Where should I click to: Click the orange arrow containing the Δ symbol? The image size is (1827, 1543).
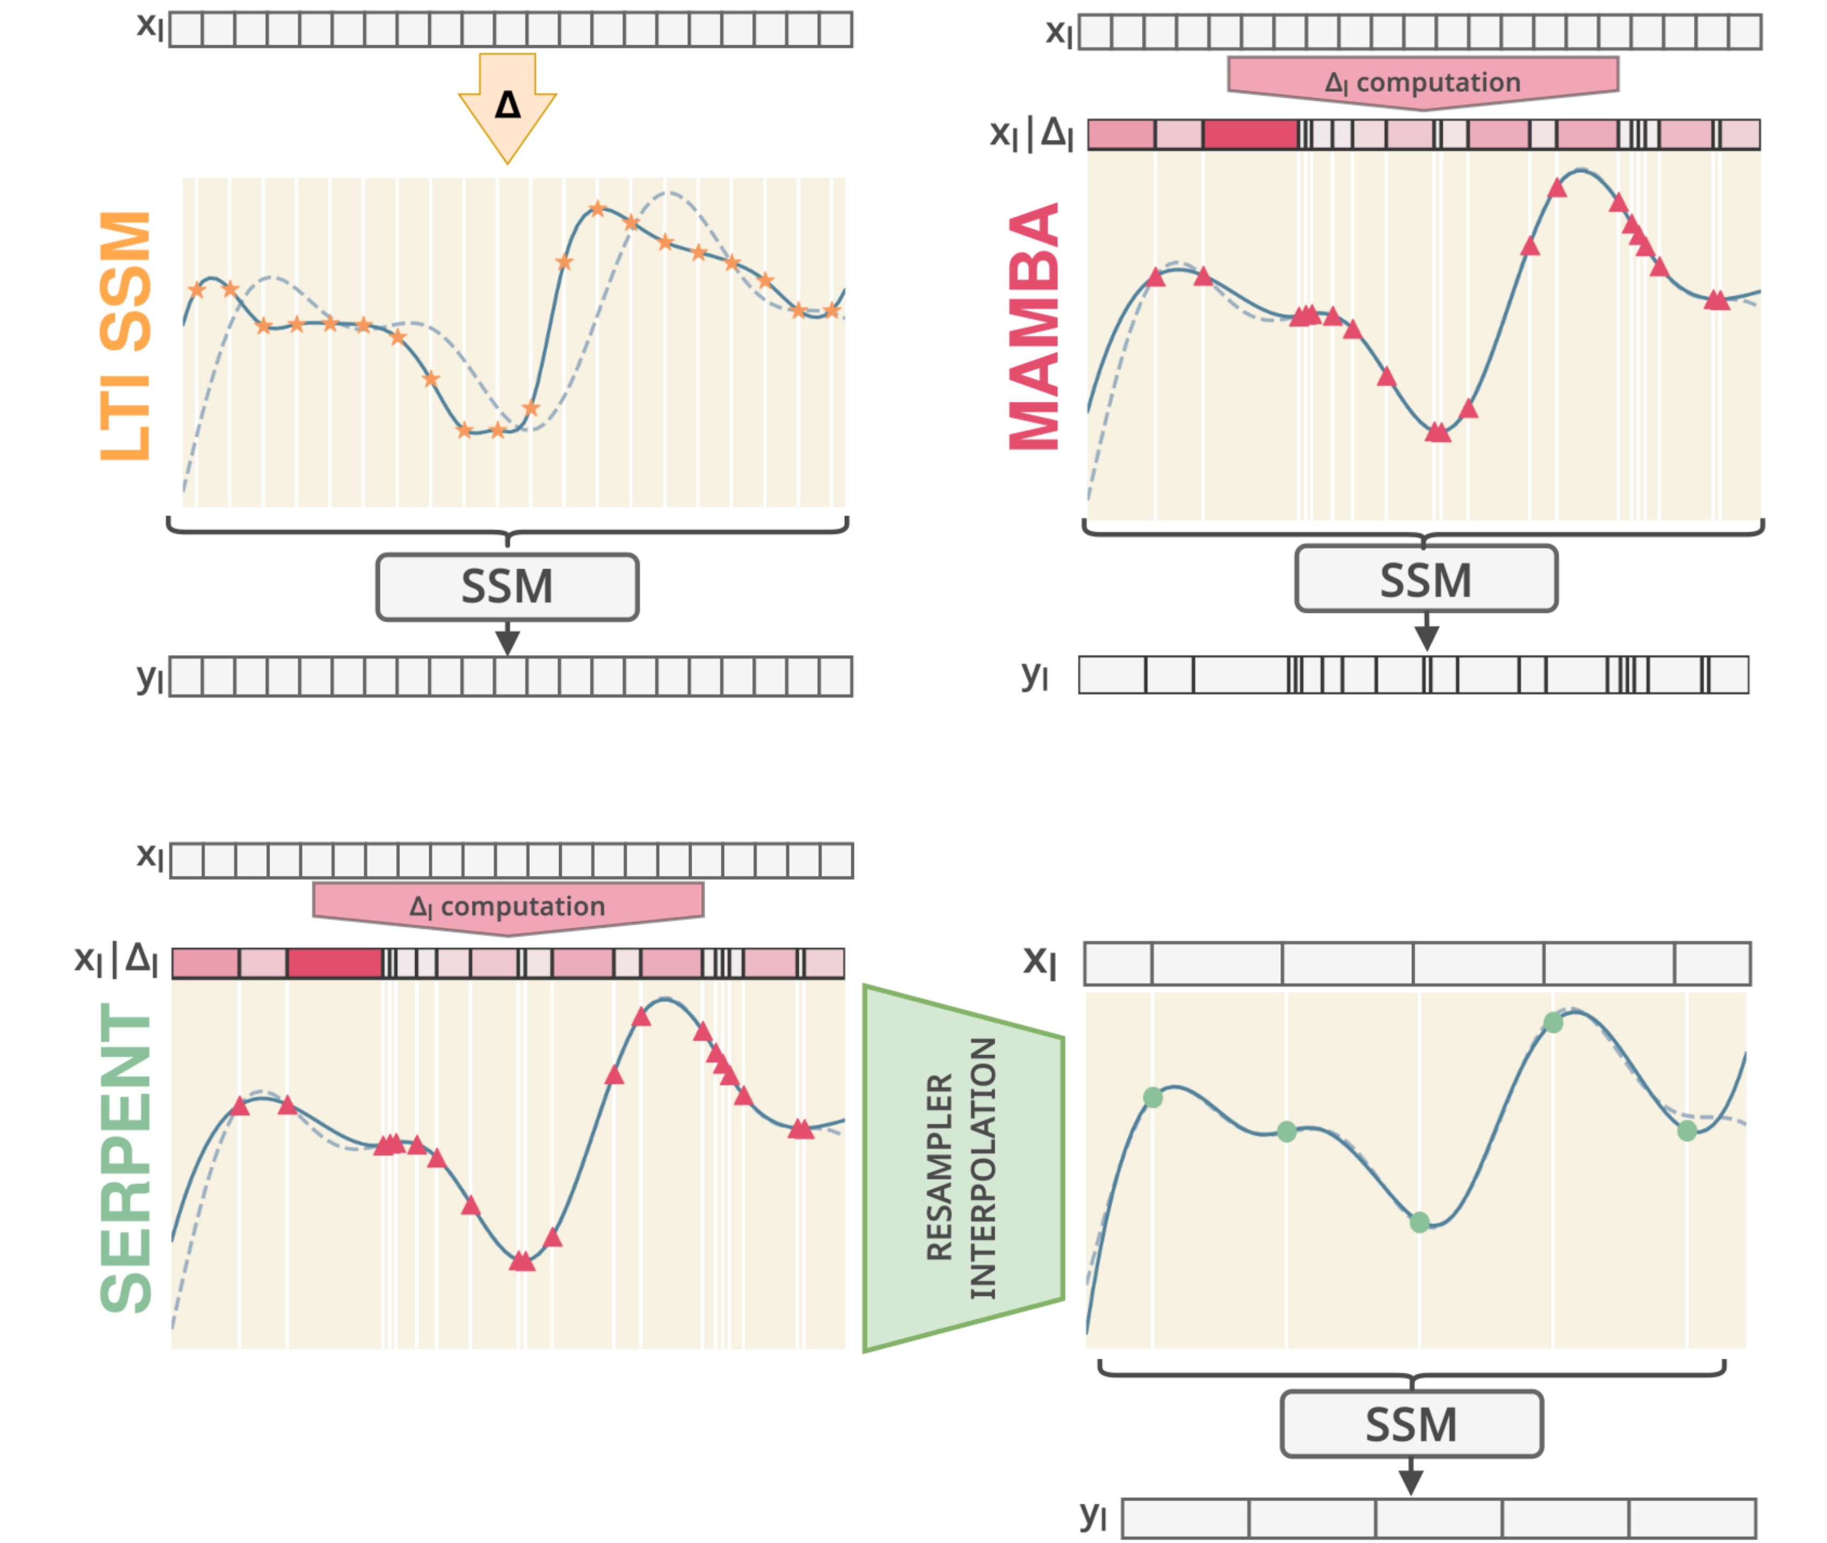(507, 105)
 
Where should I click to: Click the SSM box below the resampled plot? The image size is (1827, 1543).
(1411, 1424)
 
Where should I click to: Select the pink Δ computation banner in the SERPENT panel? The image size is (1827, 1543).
(507, 906)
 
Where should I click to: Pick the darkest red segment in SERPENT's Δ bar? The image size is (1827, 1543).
(334, 963)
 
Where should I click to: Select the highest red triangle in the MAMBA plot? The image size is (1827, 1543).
(1557, 187)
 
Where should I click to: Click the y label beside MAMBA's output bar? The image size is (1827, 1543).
(1034, 674)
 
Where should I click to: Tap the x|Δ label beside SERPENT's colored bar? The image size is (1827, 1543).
(116, 960)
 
